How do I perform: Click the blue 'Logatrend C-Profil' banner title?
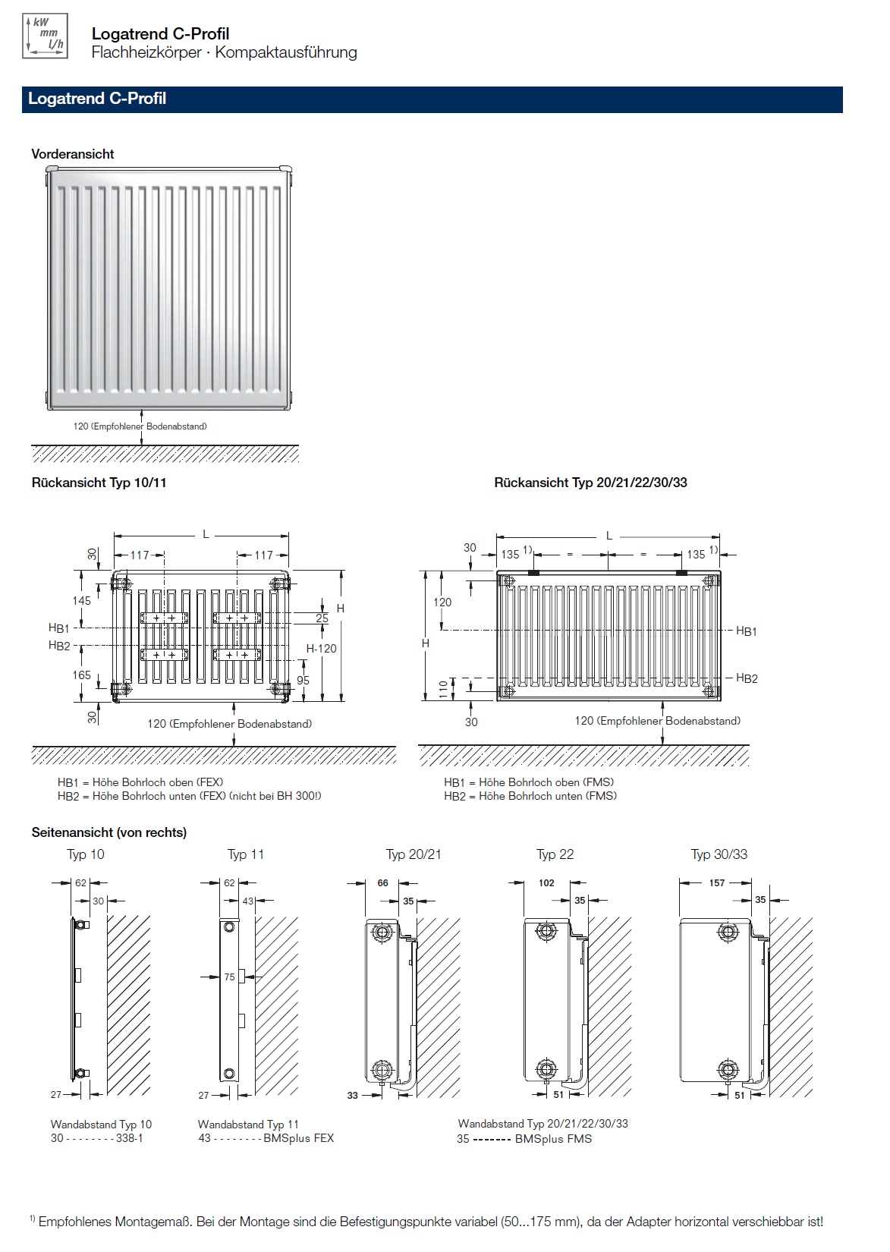(x=97, y=99)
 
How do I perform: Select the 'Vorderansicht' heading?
(x=73, y=154)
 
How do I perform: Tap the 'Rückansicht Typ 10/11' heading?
(x=99, y=483)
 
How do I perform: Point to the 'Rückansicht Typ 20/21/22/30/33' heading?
(x=590, y=483)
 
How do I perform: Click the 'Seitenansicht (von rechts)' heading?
(x=109, y=832)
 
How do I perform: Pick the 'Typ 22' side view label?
(x=555, y=854)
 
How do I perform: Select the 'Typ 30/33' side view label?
(x=719, y=854)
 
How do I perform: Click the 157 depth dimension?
(x=717, y=883)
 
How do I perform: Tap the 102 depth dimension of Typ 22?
(x=546, y=883)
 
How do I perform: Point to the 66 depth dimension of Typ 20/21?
(x=383, y=883)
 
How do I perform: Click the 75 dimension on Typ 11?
(x=229, y=977)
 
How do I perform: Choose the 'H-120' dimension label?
(x=322, y=649)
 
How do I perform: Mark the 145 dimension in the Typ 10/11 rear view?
(x=81, y=600)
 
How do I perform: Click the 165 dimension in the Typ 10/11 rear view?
(x=81, y=675)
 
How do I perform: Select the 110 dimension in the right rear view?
(x=444, y=688)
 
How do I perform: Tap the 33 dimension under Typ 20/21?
(x=352, y=1096)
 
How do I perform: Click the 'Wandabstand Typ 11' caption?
(x=248, y=1125)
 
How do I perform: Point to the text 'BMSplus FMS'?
(x=553, y=1139)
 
